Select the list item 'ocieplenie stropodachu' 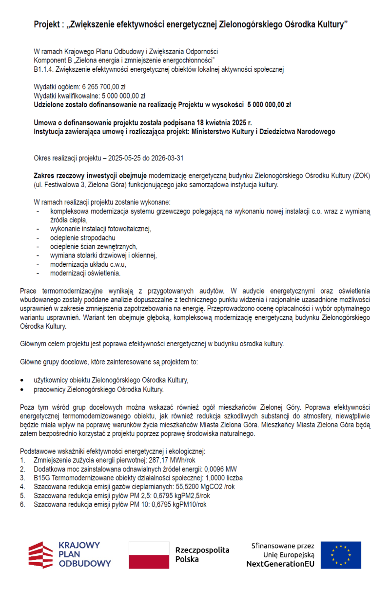coord(82,237)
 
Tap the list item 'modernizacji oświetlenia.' coord(85,273)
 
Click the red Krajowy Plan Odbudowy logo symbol coord(40,555)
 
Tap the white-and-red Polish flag coord(149,555)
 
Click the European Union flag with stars coord(341,555)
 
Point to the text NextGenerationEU coord(280,564)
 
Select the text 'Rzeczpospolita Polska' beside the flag coord(202,555)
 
